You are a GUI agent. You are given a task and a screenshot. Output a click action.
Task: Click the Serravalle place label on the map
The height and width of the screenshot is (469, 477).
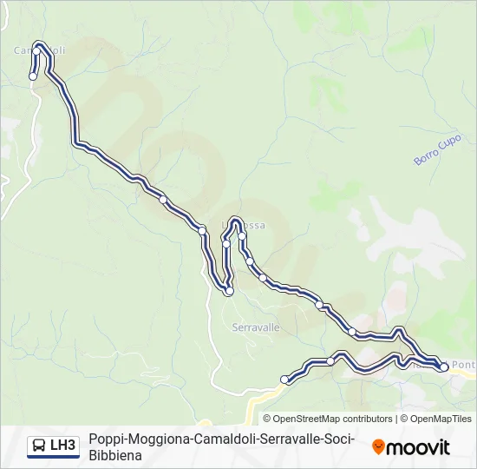[x=256, y=328]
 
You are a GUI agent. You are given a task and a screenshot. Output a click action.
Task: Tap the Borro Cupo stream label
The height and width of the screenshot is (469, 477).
[x=437, y=150]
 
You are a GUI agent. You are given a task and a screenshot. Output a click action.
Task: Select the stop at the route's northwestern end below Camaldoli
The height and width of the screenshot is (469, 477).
[x=33, y=76]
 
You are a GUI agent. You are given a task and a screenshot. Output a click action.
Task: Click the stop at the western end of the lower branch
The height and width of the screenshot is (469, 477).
[x=284, y=379]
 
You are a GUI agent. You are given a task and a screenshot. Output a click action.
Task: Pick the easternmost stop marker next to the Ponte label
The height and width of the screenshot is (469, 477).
[x=444, y=367]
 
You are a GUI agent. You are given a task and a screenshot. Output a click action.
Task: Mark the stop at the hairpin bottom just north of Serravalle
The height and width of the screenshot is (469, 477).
[x=229, y=292]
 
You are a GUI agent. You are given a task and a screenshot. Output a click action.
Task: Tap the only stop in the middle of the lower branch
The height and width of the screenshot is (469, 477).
[x=330, y=360]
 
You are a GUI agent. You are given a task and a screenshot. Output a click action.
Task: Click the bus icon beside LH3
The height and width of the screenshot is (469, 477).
[x=39, y=446]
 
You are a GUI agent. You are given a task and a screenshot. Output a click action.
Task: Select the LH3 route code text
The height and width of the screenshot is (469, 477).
[x=63, y=446]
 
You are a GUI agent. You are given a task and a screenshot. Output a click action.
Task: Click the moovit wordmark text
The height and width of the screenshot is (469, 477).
[x=418, y=447]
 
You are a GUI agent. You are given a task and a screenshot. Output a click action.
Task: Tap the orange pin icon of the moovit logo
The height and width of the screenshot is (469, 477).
[x=378, y=447]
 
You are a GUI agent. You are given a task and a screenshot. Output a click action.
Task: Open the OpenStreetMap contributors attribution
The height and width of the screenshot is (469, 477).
[x=328, y=419]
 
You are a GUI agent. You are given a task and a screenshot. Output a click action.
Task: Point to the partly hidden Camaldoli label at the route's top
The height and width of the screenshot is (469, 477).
[x=40, y=50]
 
